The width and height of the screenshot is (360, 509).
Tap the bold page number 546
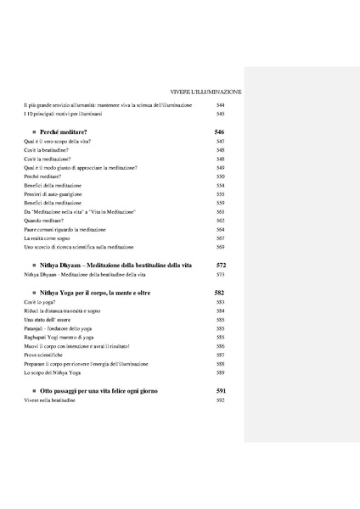point(220,133)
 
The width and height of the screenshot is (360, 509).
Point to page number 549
point(220,168)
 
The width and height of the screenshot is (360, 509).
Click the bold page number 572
point(220,266)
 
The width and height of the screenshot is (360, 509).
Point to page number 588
point(220,363)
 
